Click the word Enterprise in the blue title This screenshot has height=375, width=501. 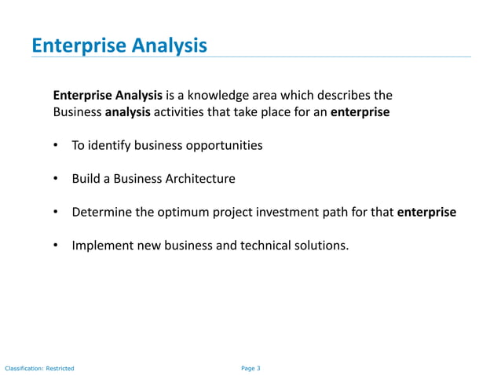click(74, 46)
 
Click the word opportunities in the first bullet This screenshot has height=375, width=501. click(222, 145)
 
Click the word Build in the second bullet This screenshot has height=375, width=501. click(86, 179)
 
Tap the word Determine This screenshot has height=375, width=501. click(100, 212)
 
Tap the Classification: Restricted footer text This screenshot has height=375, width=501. click(39, 368)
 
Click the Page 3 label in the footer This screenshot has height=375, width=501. click(251, 368)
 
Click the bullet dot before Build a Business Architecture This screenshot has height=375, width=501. click(57, 179)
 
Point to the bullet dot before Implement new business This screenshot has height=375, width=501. click(57, 246)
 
